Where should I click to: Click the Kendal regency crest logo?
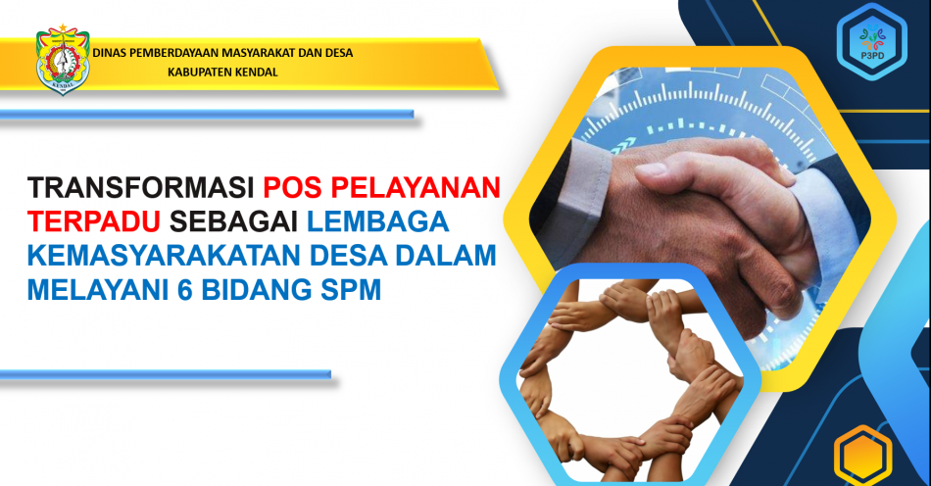click(x=63, y=60)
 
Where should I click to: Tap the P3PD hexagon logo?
click(x=871, y=41)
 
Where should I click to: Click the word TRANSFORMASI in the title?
click(x=141, y=187)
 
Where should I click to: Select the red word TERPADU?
click(x=94, y=221)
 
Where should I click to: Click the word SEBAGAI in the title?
click(x=233, y=221)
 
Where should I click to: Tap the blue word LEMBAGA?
click(x=377, y=221)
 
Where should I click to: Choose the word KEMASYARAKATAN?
click(x=165, y=256)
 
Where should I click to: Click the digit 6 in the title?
click(x=184, y=290)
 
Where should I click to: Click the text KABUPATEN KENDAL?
click(x=222, y=73)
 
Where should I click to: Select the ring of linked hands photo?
click(x=630, y=380)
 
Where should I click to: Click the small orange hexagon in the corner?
click(x=862, y=456)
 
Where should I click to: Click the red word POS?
click(x=292, y=187)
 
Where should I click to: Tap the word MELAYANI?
click(x=97, y=290)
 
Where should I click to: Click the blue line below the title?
click(x=166, y=374)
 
